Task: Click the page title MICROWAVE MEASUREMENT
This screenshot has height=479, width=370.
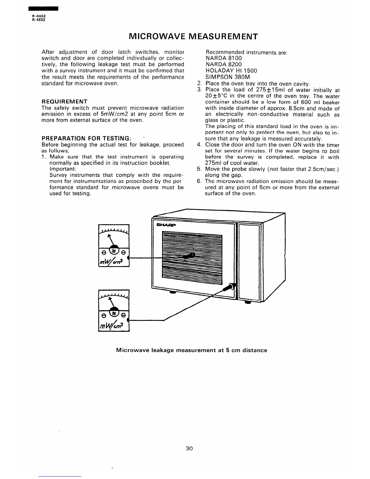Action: pos(193,37)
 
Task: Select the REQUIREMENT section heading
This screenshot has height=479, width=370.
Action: pos(64,101)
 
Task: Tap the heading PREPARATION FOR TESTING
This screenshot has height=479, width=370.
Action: pos(86,138)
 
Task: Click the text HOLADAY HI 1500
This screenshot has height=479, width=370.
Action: pos(231,70)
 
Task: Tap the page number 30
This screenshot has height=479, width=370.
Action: pos(189,448)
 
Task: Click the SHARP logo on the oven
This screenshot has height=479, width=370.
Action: pos(166,225)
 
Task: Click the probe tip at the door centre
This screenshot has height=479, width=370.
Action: pos(191,255)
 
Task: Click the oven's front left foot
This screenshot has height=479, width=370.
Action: pos(173,292)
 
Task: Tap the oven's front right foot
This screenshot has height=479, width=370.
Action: pos(248,302)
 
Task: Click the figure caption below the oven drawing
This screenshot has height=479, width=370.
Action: pos(192,350)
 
